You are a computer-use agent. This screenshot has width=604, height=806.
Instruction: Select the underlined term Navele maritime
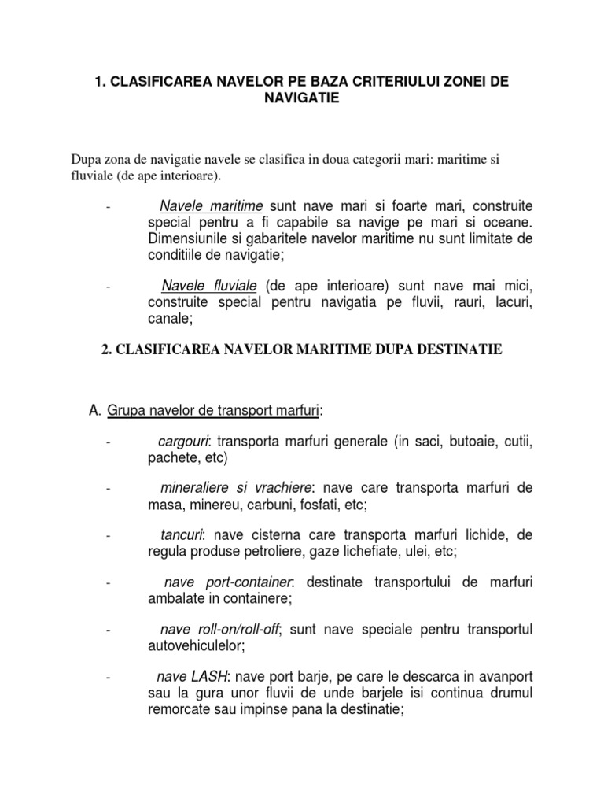[211, 206]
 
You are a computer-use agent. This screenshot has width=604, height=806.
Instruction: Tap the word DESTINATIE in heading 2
[459, 349]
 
